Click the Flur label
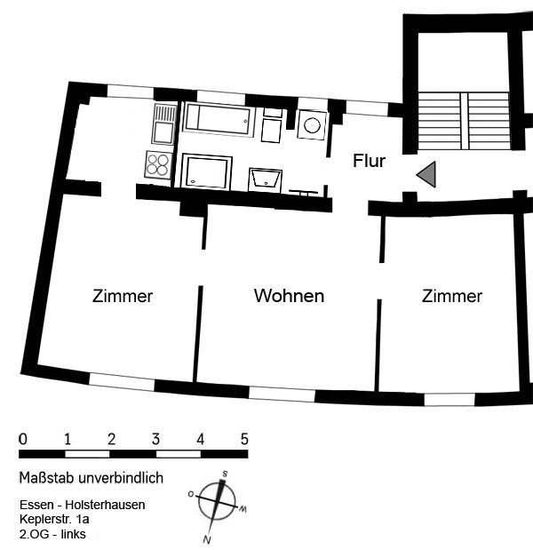370,161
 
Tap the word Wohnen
289,296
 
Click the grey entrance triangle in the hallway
426,174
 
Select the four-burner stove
158,164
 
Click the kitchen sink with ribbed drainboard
164,124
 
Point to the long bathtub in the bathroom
219,118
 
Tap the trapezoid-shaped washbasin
266,180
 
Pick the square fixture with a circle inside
312,125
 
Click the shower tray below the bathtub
206,172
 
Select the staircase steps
464,120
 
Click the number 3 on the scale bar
155,439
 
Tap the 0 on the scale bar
23,439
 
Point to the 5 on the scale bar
244,439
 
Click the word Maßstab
47,478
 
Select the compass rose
217,503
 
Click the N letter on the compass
207,540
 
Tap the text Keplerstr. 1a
54,519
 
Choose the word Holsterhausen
105,505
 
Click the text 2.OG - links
52,534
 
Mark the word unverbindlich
121,478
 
